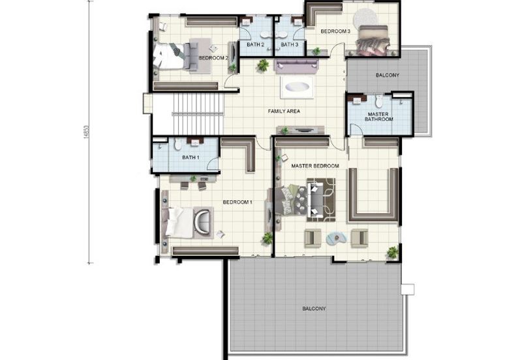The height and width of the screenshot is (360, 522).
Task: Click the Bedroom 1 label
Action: point(238,202)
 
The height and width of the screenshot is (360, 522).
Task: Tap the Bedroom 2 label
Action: point(213,58)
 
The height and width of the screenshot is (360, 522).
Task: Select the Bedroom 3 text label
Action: point(336,31)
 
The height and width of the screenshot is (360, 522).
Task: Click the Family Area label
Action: point(284,112)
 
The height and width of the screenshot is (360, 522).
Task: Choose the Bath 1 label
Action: point(190,157)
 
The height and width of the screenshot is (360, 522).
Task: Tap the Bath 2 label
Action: point(255,44)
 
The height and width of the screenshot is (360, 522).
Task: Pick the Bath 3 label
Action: point(289,44)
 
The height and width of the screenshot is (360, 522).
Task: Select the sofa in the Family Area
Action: point(296,66)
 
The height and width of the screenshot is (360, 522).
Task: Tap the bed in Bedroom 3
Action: point(371,40)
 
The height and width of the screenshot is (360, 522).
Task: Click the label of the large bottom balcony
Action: point(314,308)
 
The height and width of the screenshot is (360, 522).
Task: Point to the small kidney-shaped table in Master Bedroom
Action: point(337,238)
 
